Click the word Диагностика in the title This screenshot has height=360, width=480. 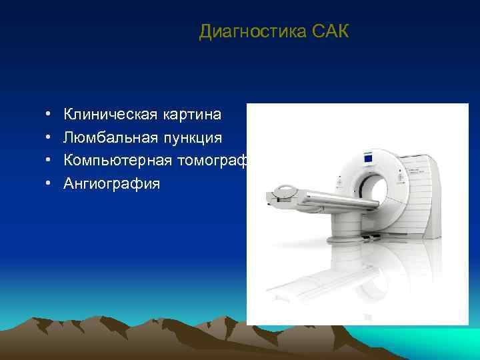click(x=252, y=31)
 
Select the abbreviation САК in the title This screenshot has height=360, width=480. click(x=329, y=31)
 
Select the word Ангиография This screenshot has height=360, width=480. click(x=111, y=183)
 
